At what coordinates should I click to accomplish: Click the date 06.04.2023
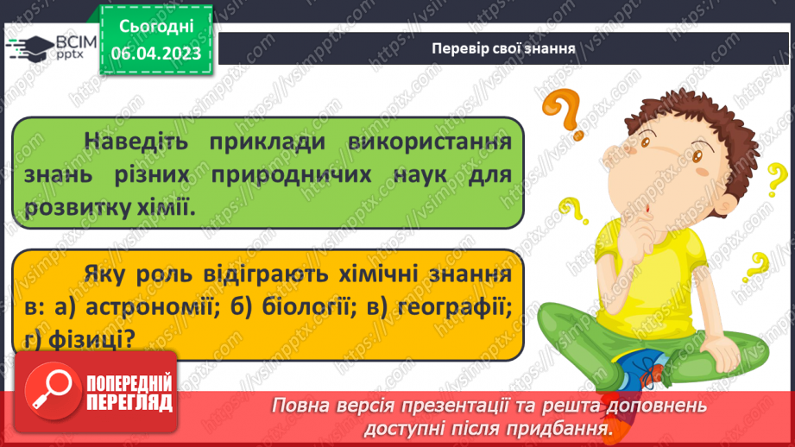pyautogui.click(x=157, y=54)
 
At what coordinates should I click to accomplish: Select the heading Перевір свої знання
pyautogui.click(x=503, y=47)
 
